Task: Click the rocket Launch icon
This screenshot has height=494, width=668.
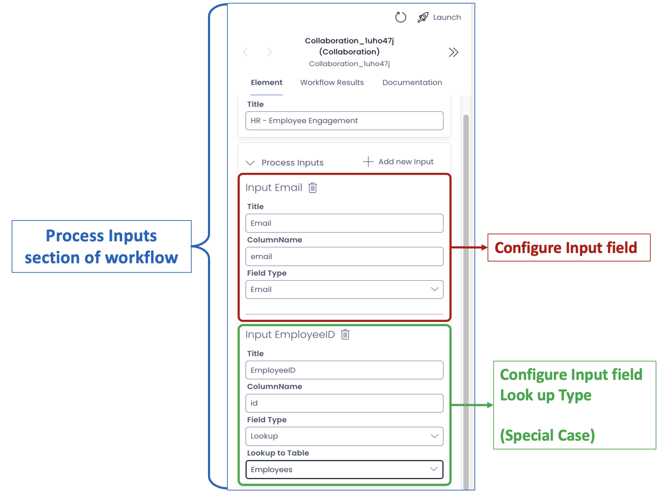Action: (423, 17)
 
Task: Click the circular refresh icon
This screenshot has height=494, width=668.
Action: (400, 17)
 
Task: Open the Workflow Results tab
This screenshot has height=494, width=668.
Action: (332, 82)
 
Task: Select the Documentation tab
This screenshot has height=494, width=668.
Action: (412, 82)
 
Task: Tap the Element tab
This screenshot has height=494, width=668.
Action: (266, 82)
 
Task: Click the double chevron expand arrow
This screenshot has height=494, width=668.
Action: (453, 52)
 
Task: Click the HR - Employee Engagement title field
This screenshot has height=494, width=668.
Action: (344, 121)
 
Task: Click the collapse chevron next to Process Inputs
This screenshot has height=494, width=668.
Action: (250, 163)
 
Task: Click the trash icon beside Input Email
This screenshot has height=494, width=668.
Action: (312, 187)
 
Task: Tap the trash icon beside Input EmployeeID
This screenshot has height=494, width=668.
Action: (345, 334)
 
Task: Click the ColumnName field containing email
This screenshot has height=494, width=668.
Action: (344, 256)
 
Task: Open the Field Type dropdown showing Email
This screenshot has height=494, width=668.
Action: (344, 289)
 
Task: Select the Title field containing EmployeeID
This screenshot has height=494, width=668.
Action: (344, 370)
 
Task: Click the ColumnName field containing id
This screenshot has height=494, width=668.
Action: (344, 403)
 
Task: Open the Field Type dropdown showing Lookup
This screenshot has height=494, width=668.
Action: (344, 436)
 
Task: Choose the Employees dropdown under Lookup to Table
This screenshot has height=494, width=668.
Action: (344, 469)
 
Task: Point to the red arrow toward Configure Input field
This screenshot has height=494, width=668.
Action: (469, 247)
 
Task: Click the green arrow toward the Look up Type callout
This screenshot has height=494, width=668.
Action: (472, 405)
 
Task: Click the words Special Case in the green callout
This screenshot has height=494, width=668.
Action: (547, 435)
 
